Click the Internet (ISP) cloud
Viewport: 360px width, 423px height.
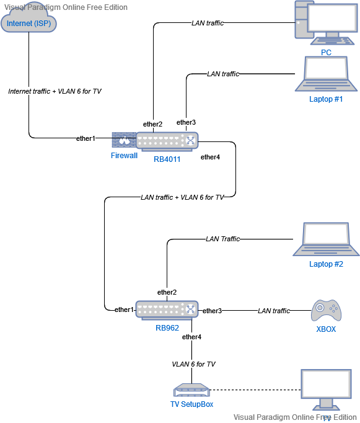(29, 24)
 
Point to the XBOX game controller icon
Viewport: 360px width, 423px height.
(325, 310)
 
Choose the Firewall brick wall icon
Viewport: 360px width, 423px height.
(124, 141)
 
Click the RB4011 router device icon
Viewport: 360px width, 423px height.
(167, 141)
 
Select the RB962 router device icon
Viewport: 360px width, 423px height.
(167, 310)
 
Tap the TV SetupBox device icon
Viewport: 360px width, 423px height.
(191, 391)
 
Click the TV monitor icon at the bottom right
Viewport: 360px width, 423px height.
(326, 390)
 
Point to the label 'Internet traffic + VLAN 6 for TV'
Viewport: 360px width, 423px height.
(55, 91)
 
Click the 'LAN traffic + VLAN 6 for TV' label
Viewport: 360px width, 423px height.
(182, 197)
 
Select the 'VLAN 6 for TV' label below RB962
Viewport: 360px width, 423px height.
(193, 364)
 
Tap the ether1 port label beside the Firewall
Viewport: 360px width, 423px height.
(86, 138)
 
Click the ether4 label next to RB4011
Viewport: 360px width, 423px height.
(210, 157)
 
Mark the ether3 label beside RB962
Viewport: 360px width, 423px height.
(212, 310)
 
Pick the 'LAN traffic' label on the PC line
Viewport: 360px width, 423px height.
(208, 23)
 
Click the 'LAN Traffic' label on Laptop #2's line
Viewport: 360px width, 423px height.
(222, 239)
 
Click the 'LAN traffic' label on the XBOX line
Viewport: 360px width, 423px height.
(274, 311)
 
